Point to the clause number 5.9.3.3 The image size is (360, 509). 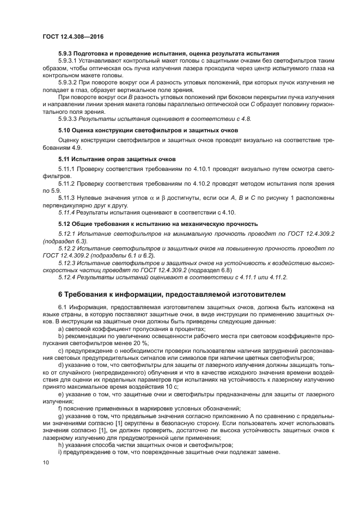point(69,118)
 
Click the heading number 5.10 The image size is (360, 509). point(65,131)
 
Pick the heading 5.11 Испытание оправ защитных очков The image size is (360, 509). point(117,159)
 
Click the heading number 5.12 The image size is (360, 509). point(65,224)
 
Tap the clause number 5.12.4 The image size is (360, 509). point(69,277)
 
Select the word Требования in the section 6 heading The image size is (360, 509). point(89,295)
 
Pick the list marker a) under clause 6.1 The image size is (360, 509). point(62,328)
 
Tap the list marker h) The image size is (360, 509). point(62,445)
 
